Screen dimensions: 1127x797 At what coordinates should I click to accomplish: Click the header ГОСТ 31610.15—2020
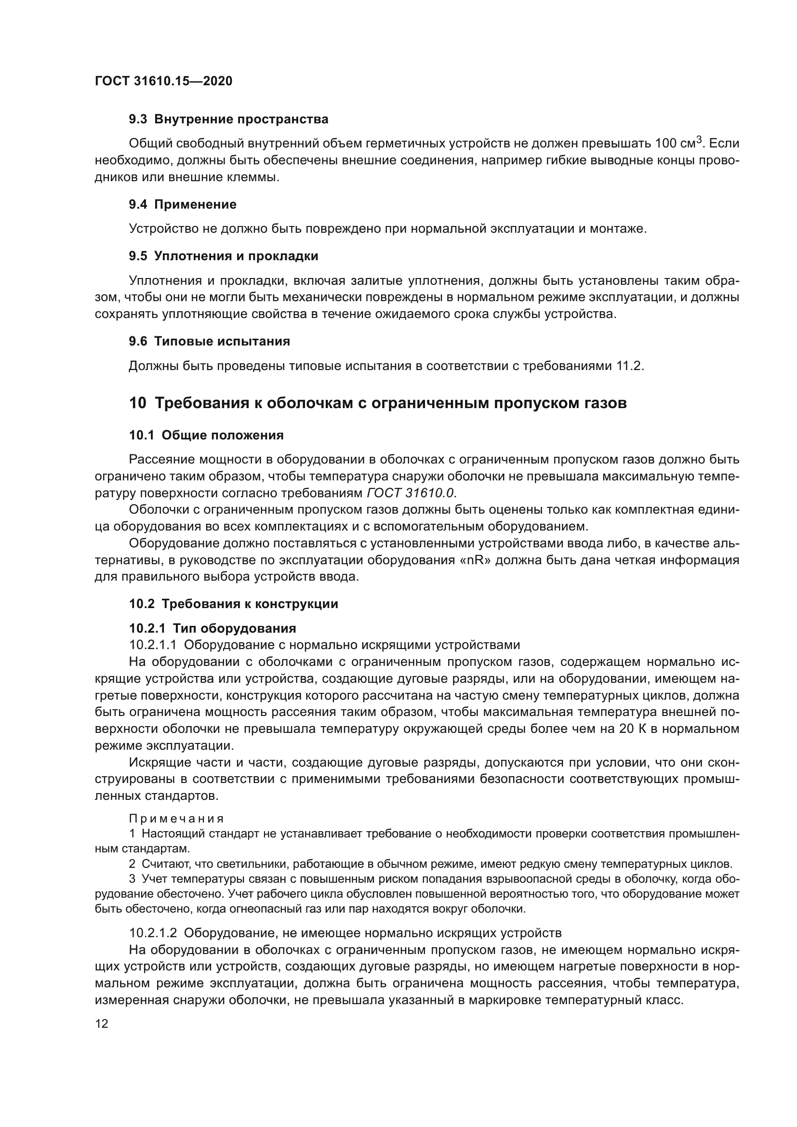163,81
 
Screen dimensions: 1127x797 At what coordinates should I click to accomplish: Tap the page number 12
102,1024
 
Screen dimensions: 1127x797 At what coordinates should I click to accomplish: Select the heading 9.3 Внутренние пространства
228,119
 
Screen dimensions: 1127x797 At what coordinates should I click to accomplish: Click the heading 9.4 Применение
183,205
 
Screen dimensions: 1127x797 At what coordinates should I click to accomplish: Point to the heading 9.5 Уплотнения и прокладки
223,256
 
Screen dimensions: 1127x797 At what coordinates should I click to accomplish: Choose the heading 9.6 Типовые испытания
209,342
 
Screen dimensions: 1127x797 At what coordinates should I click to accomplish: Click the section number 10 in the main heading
137,403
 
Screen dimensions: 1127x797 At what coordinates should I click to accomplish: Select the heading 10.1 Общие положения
206,436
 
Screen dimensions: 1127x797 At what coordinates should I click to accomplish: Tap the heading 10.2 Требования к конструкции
234,604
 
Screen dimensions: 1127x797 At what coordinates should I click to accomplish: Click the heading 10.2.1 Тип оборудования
213,629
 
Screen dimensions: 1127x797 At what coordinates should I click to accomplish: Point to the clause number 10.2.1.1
152,645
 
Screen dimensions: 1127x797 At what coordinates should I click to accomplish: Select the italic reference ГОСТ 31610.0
410,493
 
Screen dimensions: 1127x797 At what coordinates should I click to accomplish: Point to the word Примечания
176,819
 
